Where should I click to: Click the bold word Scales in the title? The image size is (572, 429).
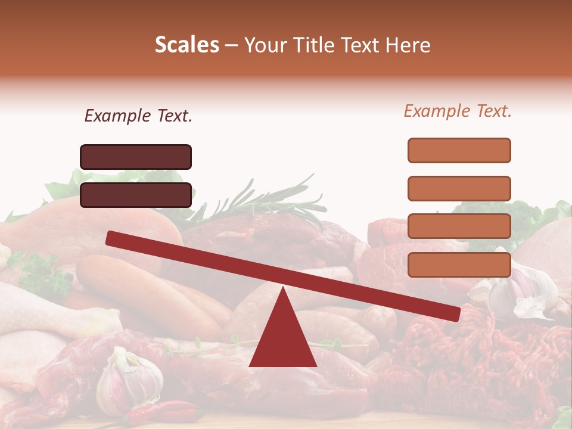click(x=186, y=45)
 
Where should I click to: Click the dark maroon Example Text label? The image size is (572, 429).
click(x=138, y=116)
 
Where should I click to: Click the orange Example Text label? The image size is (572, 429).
click(x=458, y=111)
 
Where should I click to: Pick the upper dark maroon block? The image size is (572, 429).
click(x=136, y=157)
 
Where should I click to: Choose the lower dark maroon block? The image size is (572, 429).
click(x=136, y=195)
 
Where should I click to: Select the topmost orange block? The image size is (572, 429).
click(x=459, y=150)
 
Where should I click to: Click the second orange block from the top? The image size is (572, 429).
click(x=459, y=188)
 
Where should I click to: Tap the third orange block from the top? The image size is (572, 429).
click(x=459, y=226)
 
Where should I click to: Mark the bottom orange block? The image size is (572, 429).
click(x=459, y=265)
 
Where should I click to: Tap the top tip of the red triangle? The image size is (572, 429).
click(x=282, y=288)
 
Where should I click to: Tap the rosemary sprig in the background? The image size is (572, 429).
click(x=268, y=203)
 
